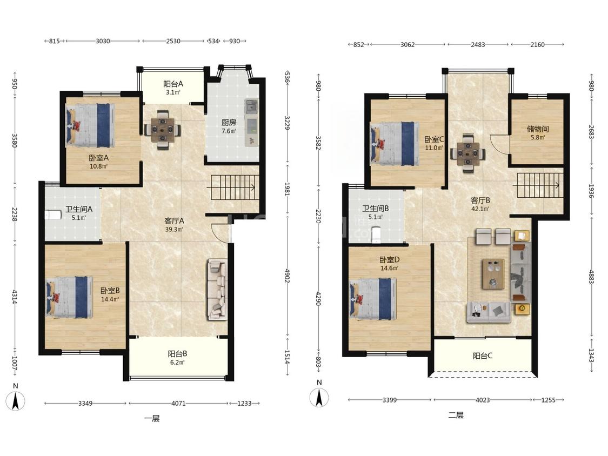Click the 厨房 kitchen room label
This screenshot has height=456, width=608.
229,123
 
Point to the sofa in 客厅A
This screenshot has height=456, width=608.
217,289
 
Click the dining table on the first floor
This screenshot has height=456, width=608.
162,130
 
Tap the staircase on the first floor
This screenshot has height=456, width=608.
233,187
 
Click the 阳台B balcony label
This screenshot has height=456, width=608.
178,354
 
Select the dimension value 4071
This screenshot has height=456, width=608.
178,403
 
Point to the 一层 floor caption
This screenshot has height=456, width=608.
152,418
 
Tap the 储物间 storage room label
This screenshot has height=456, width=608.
538,129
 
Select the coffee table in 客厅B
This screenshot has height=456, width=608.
493,274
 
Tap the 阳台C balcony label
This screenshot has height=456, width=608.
483,356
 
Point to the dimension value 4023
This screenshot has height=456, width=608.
483,400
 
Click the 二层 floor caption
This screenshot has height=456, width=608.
456,415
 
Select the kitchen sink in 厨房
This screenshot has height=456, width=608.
251,105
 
